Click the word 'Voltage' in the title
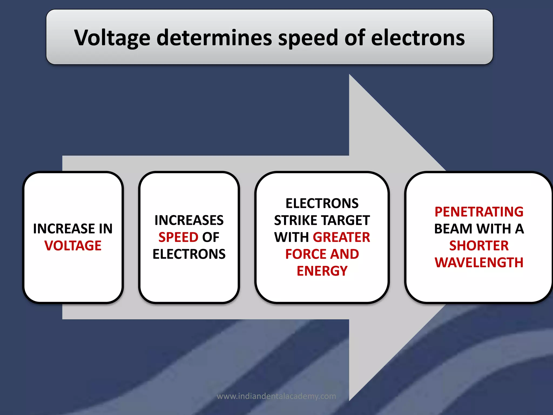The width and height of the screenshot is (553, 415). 112,38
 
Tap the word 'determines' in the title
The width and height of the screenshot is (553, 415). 214,38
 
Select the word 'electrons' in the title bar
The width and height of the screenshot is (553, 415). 418,38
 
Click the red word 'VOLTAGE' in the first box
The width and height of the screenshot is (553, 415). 73,246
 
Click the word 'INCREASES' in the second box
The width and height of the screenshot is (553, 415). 189,220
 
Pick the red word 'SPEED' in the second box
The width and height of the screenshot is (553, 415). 178,237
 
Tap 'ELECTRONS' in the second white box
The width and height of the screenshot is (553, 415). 189,254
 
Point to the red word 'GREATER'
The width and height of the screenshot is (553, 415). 341,237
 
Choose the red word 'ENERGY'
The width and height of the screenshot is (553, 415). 322,271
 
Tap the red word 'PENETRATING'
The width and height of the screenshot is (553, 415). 479,212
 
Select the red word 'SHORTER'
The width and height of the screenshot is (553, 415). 479,246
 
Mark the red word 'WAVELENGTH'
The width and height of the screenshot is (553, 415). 479,262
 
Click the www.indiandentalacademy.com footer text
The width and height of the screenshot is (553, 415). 276,396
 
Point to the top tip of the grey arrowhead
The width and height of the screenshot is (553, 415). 350,75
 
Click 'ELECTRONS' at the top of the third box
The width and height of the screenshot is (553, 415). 322,203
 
